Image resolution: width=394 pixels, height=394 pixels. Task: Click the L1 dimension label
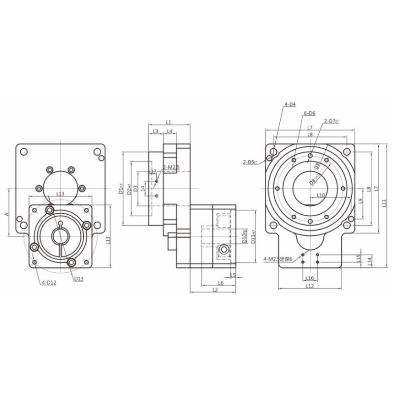coord(168,122)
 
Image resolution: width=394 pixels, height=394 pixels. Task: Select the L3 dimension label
coord(155,131)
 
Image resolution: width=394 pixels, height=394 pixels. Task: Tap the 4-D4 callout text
coord(290,104)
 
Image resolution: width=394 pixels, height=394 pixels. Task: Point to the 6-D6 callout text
coord(309,113)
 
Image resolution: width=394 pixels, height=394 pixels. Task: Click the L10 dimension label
coord(321,195)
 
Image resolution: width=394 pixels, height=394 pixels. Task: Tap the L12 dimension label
coord(309,286)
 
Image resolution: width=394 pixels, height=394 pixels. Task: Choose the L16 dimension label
coord(309,278)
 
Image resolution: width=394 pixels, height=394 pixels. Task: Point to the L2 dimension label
coord(215,290)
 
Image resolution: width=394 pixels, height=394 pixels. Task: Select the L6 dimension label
coord(221,283)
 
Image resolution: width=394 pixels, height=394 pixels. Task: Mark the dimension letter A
coord(6,214)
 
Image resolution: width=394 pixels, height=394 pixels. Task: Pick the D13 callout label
coord(79,278)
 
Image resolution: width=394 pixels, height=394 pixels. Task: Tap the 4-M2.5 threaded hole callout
coord(278,259)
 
